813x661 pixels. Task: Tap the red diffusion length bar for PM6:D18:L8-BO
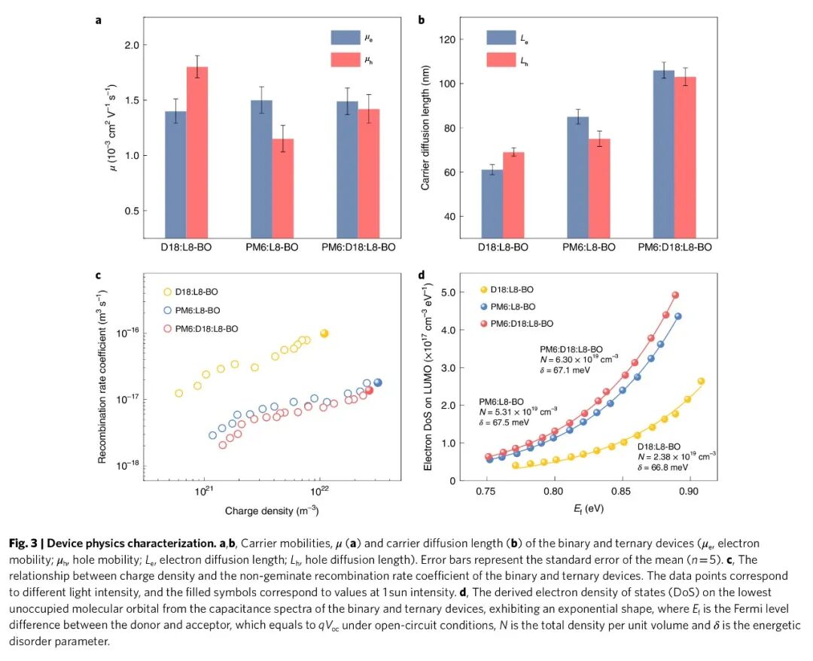click(684, 157)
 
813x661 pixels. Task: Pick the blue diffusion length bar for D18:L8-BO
click(492, 204)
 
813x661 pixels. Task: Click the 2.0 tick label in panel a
click(132, 45)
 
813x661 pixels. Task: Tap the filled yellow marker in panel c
click(324, 334)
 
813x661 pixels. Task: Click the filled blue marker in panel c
click(378, 382)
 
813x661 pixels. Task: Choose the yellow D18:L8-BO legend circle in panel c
click(167, 291)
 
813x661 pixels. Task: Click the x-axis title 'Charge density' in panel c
click(272, 511)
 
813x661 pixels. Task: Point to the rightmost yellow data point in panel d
click(701, 381)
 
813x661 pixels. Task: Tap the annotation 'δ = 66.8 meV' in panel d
click(665, 468)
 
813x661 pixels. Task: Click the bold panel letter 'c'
click(98, 275)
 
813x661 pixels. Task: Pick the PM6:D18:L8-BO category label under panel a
click(358, 246)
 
